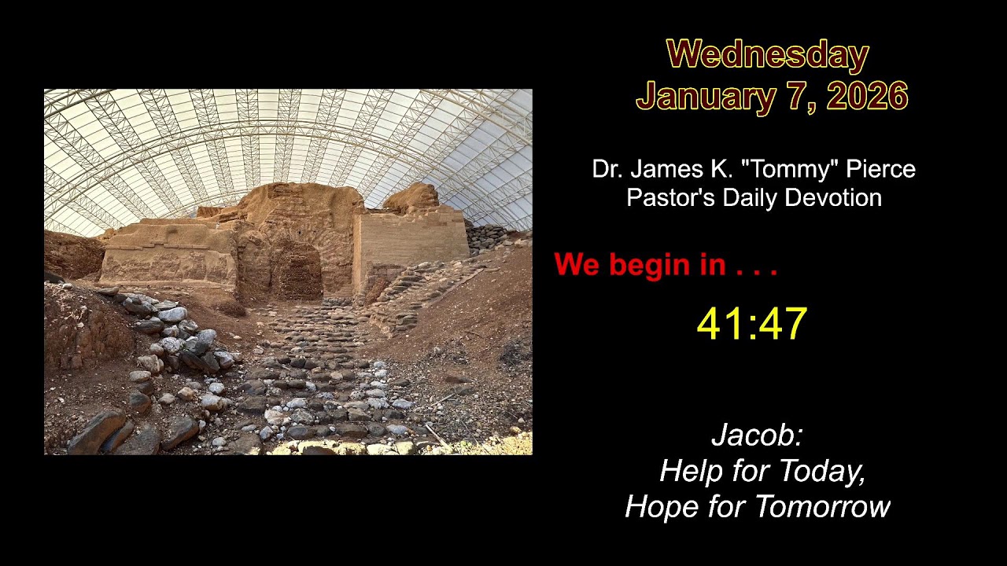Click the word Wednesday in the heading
click(x=767, y=55)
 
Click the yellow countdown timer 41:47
click(x=752, y=323)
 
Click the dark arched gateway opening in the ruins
click(x=297, y=271)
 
